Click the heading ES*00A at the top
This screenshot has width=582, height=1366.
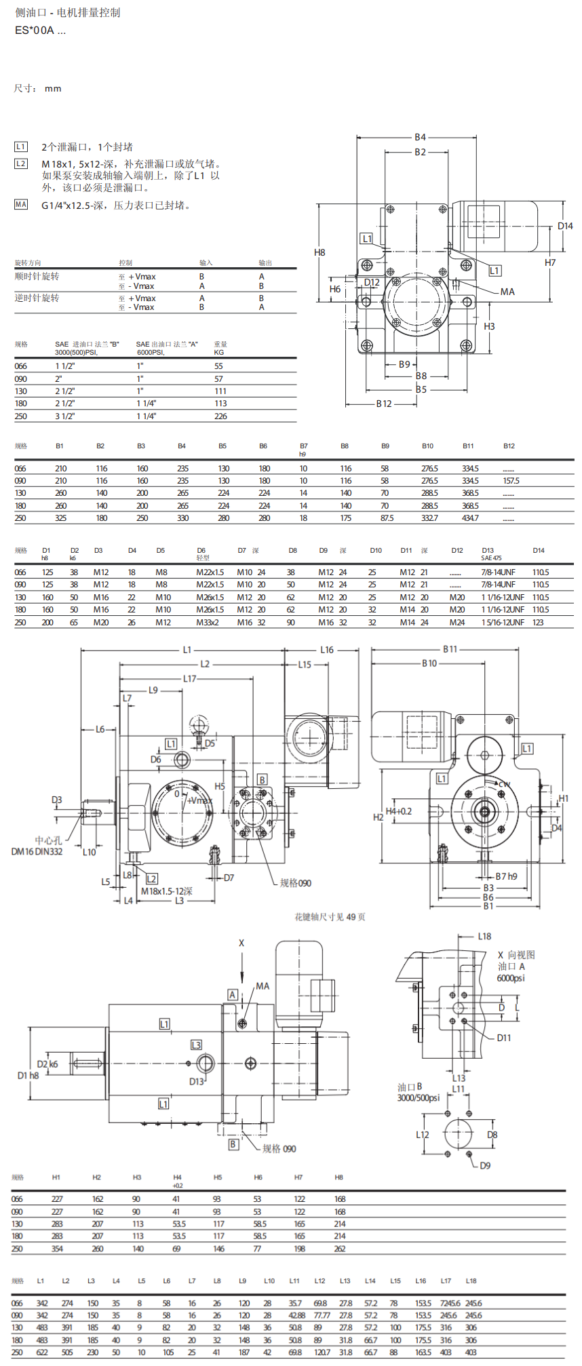pyautogui.click(x=40, y=31)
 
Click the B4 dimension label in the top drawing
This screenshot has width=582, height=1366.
pyautogui.click(x=420, y=137)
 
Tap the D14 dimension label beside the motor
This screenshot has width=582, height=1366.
pyautogui.click(x=565, y=226)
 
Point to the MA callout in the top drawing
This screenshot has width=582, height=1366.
pyautogui.click(x=507, y=292)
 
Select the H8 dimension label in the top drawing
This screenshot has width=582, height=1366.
pyautogui.click(x=319, y=252)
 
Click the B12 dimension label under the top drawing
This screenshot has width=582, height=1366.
pyautogui.click(x=384, y=404)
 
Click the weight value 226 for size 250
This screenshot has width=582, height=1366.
pyautogui.click(x=220, y=416)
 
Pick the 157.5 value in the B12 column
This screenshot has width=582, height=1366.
pyautogui.click(x=511, y=481)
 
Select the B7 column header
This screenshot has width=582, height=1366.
pyautogui.click(x=304, y=446)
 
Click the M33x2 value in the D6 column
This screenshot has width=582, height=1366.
pyautogui.click(x=208, y=622)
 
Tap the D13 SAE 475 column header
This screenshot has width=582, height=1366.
pyautogui.click(x=490, y=553)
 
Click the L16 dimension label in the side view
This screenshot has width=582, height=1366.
pyautogui.click(x=327, y=650)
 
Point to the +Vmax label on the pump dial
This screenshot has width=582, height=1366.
pyautogui.click(x=200, y=800)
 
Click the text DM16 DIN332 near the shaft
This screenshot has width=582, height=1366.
pyautogui.click(x=37, y=852)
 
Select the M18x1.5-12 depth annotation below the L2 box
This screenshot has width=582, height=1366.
pyautogui.click(x=166, y=891)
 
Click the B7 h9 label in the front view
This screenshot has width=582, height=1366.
pyautogui.click(x=506, y=876)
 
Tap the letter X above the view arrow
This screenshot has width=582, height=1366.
pyautogui.click(x=241, y=943)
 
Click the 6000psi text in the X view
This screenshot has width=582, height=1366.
pyautogui.click(x=511, y=978)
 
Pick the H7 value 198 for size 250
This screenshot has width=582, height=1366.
pyautogui.click(x=299, y=1249)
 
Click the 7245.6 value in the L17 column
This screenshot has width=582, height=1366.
pyautogui.click(x=450, y=1303)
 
